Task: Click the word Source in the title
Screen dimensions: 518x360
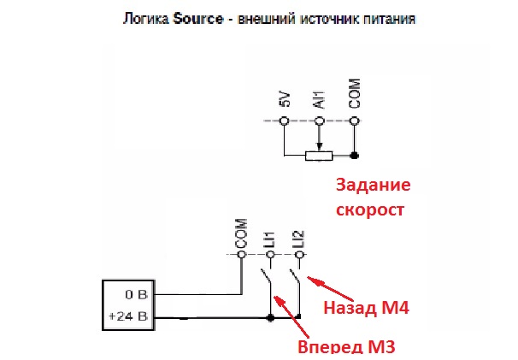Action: click(x=198, y=19)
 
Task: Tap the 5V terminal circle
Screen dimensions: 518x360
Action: click(x=284, y=121)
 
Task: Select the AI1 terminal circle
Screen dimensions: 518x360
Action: click(x=319, y=121)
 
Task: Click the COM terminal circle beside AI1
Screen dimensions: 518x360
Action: click(x=355, y=121)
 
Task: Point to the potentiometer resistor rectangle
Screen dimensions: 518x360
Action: click(x=319, y=156)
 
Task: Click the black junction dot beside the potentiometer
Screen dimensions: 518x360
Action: click(x=355, y=155)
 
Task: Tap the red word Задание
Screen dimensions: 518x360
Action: click(x=374, y=185)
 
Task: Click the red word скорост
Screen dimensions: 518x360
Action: click(x=370, y=210)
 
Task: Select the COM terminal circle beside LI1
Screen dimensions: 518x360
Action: click(x=242, y=255)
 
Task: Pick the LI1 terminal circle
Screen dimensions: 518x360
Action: click(x=271, y=255)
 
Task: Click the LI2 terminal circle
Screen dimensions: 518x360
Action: click(x=299, y=255)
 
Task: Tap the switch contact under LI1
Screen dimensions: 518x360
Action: click(x=267, y=277)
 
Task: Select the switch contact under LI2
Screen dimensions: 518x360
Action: click(x=295, y=277)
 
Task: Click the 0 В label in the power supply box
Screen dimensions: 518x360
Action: click(x=136, y=294)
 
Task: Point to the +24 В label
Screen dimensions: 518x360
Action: click(x=128, y=316)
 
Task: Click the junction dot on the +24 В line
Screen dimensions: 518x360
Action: click(x=271, y=318)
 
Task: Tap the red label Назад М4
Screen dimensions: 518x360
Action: click(x=367, y=308)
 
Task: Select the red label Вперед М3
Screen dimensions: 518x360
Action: click(x=346, y=347)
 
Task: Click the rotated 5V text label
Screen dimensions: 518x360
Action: click(x=285, y=99)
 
